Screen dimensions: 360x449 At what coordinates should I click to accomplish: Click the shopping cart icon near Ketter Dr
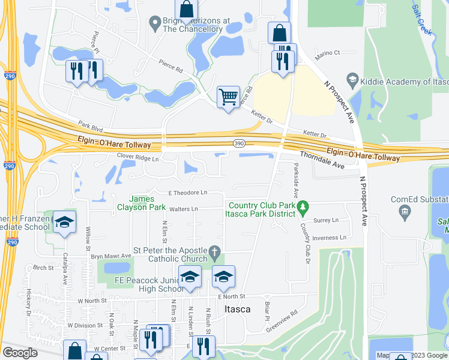(x=228, y=97)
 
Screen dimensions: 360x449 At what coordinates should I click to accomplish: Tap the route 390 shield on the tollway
(x=238, y=142)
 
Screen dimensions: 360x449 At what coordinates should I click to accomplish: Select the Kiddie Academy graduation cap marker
(x=352, y=80)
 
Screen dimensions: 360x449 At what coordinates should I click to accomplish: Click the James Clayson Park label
(x=148, y=203)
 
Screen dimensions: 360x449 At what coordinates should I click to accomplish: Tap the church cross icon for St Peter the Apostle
(x=214, y=251)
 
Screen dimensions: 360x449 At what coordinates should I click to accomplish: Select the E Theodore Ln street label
(x=188, y=193)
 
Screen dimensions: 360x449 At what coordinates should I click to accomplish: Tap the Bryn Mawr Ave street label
(x=110, y=256)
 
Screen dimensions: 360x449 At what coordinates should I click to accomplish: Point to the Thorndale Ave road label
(x=322, y=160)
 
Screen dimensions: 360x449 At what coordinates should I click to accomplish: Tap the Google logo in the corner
(x=20, y=353)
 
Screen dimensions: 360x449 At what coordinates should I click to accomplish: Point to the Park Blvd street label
(x=91, y=126)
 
